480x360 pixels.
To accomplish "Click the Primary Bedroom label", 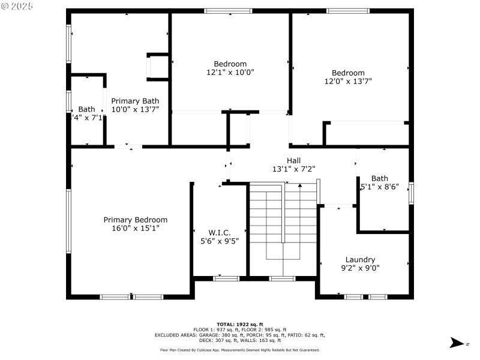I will [x=135, y=220].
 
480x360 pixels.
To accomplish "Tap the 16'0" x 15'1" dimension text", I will [x=135, y=228].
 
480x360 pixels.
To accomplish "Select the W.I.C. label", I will [x=220, y=232].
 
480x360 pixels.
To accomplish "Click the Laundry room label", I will [x=360, y=260].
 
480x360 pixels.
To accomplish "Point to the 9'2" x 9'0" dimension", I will [x=360, y=268].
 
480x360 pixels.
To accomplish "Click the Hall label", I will [x=293, y=160].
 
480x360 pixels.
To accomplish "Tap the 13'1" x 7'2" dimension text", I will [x=293, y=169].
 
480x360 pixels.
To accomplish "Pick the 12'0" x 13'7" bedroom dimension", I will [x=348, y=81].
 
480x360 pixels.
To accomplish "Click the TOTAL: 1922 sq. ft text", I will [x=240, y=324].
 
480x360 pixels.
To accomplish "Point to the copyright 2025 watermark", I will [x=18, y=5].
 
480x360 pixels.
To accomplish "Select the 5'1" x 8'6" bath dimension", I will [x=380, y=187].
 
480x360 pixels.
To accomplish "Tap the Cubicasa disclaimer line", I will [x=240, y=350].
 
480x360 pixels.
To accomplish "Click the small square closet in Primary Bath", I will [x=158, y=67].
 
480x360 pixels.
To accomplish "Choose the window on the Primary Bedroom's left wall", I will [x=69, y=221].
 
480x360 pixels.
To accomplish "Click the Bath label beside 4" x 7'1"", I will [x=86, y=109].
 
